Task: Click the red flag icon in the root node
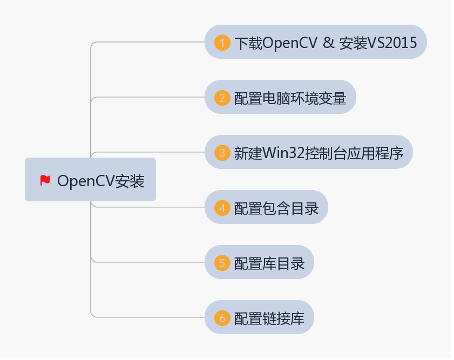tap(45, 180)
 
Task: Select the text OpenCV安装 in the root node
tap(100, 181)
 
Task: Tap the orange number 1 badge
tap(222, 43)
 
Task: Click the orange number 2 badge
tap(222, 98)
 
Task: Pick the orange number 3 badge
tap(222, 153)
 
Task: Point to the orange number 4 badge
tap(222, 208)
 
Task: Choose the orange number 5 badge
tap(222, 263)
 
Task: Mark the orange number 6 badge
tap(222, 318)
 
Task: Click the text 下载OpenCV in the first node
tap(275, 43)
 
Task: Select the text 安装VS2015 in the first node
tap(378, 43)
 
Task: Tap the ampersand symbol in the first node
tap(328, 43)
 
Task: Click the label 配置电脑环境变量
tap(290, 98)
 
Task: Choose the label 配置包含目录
tap(276, 208)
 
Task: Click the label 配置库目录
tap(269, 263)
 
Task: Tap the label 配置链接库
tap(269, 318)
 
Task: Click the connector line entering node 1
tap(151, 42)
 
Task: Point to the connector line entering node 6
tap(151, 317)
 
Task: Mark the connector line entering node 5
tap(151, 262)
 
